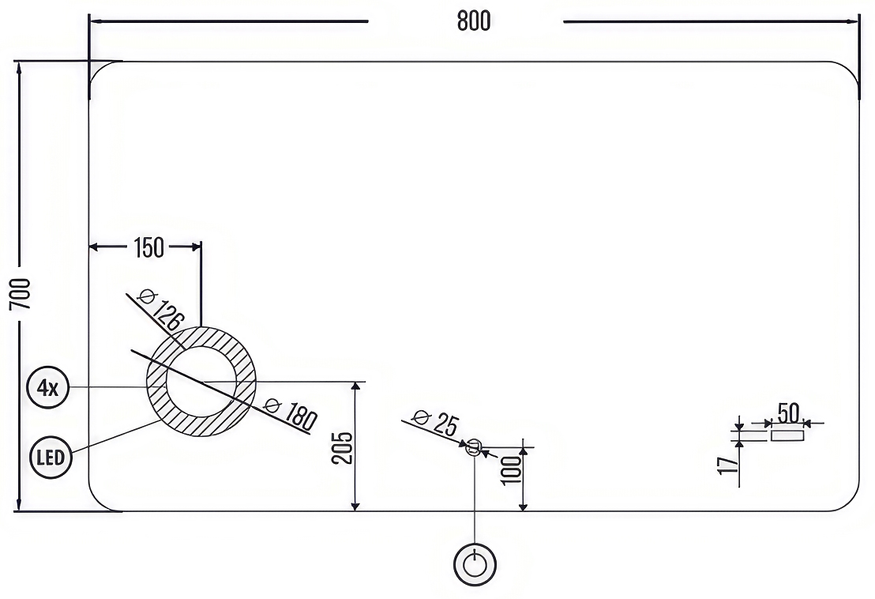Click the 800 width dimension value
point(474,21)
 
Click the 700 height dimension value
point(21,294)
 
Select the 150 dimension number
point(149,248)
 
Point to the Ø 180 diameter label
point(291,413)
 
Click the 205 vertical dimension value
point(342,448)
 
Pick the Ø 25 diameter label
point(435,423)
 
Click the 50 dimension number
point(788,413)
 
